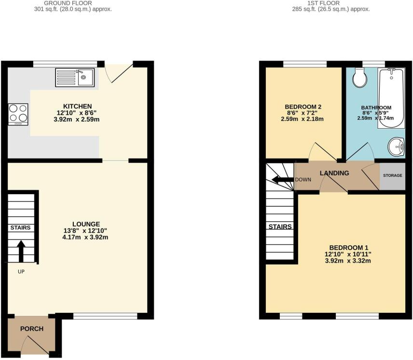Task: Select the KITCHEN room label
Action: (77, 106)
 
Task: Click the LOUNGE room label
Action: (86, 224)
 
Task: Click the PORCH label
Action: (32, 329)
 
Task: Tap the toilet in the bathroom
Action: (360, 77)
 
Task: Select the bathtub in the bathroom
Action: (391, 98)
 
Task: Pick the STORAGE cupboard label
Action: (392, 175)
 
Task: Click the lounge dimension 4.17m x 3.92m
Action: (86, 237)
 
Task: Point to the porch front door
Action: (39, 346)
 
